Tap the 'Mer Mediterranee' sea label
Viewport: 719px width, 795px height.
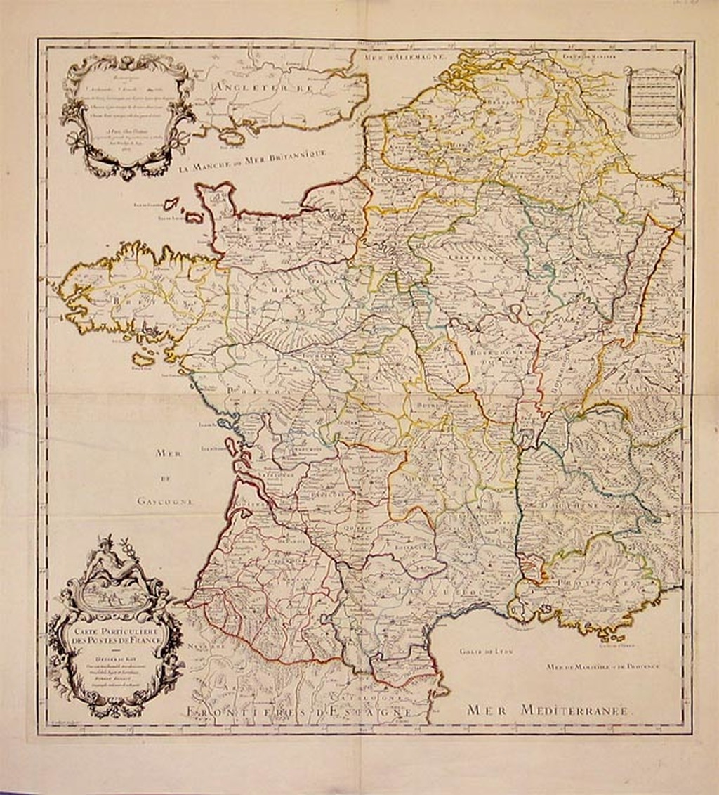(550, 711)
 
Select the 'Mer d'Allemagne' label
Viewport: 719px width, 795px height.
(404, 57)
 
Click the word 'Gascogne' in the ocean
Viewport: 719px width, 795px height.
(165, 501)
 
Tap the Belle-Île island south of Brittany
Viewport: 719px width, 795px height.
(144, 359)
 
